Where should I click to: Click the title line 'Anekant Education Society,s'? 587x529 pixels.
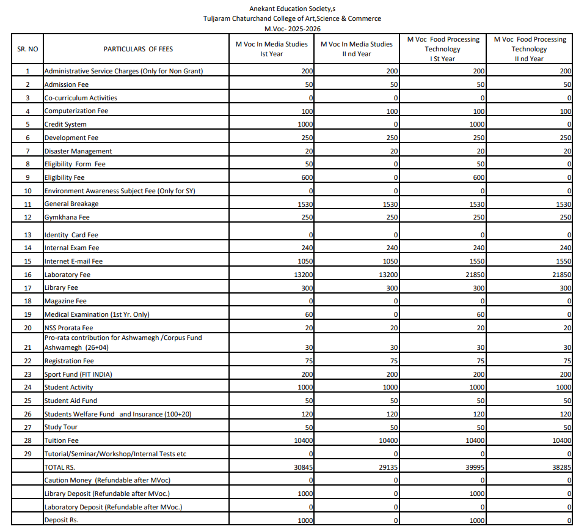click(x=292, y=9)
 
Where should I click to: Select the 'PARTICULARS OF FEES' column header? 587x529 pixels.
click(x=138, y=49)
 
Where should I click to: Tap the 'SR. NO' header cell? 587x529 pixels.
click(x=27, y=49)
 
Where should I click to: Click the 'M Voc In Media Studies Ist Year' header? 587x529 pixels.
click(x=272, y=49)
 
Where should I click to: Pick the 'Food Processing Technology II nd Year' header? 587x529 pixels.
click(x=529, y=49)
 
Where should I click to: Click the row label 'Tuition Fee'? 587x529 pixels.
click(x=61, y=440)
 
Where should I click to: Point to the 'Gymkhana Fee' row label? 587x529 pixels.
click(x=67, y=217)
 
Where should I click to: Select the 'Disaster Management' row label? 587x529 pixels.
click(x=78, y=151)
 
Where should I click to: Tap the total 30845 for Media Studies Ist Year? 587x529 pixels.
click(x=304, y=467)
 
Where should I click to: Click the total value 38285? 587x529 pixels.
click(x=562, y=467)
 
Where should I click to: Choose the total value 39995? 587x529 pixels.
click(x=475, y=467)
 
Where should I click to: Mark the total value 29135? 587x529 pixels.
click(x=388, y=467)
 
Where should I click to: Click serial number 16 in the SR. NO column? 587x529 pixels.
click(x=27, y=275)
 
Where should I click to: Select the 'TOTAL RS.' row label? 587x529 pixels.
click(x=59, y=467)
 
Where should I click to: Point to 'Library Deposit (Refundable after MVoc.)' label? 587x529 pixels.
click(x=107, y=494)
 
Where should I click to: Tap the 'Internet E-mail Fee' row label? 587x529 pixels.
click(x=73, y=261)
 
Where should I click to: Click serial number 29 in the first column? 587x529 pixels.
click(x=27, y=454)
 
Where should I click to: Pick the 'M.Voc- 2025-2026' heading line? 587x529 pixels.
click(x=292, y=29)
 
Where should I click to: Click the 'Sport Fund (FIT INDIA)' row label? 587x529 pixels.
click(x=78, y=374)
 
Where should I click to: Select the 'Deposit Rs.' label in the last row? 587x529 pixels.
click(x=61, y=520)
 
